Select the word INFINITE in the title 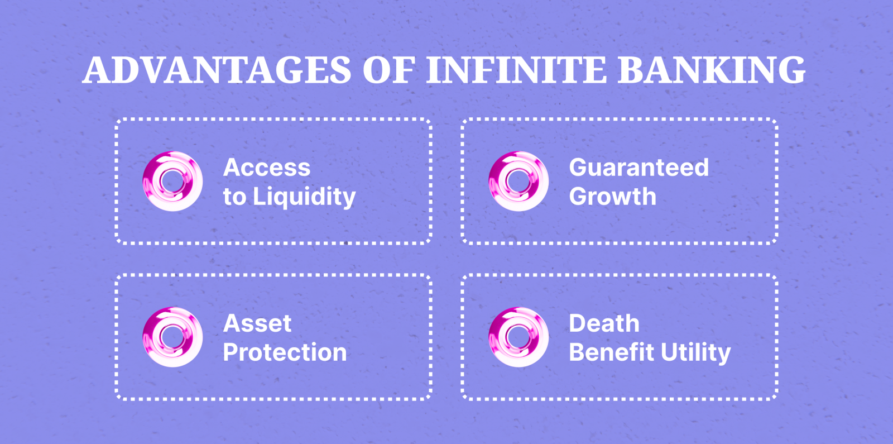(x=516, y=70)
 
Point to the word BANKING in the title (x=712, y=70)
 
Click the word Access (x=267, y=168)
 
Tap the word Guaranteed (x=639, y=168)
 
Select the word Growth (x=613, y=197)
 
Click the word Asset (x=257, y=323)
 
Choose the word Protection (x=285, y=352)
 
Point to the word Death (x=604, y=323)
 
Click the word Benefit (x=611, y=352)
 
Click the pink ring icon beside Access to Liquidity (x=172, y=182)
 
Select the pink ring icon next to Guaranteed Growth (x=518, y=182)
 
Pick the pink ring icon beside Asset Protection (x=172, y=337)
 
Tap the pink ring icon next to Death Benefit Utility (x=518, y=337)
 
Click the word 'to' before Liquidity (x=234, y=197)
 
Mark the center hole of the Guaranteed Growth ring (x=518, y=180)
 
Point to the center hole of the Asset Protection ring (x=172, y=336)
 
